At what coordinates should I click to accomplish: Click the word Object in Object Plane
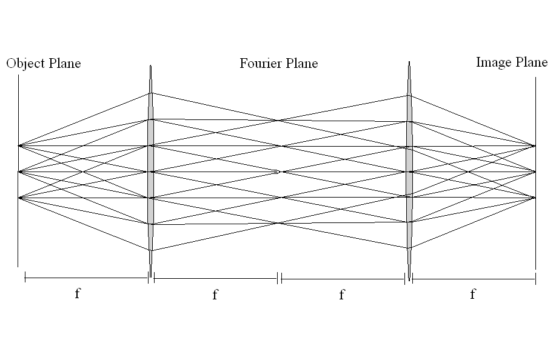25,64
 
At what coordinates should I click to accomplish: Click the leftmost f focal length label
77,294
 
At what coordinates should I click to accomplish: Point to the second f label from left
215,295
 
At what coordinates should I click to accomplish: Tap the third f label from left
341,295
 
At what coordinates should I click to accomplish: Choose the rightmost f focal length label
472,295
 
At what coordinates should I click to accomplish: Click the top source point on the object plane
19,145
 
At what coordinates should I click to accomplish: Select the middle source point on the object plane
19,172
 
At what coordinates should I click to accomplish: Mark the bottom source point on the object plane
19,198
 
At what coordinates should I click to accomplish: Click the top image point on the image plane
535,145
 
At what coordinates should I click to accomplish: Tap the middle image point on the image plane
535,172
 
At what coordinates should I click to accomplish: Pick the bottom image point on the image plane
535,198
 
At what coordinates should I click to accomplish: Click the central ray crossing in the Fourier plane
279,172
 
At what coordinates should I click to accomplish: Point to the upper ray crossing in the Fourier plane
279,120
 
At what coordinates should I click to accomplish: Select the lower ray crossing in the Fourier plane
279,224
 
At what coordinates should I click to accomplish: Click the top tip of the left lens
150,66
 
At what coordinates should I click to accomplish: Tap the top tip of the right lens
409,62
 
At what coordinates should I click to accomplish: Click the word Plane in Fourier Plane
302,64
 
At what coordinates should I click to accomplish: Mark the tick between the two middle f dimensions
279,279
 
